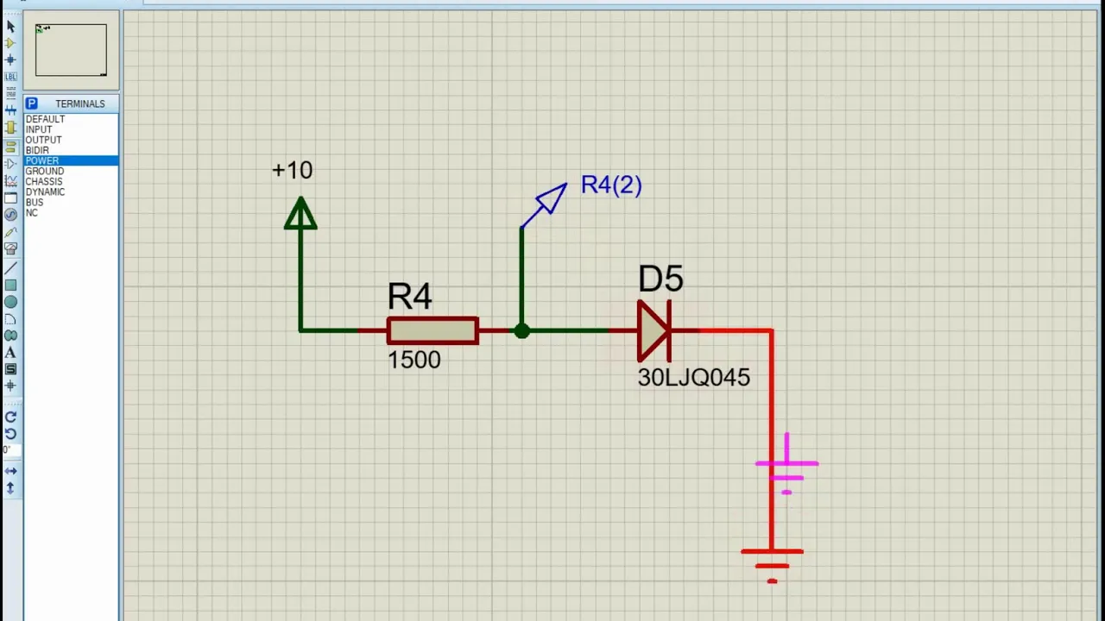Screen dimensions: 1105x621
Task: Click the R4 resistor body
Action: click(x=433, y=330)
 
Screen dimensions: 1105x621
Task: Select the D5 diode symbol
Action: click(x=654, y=330)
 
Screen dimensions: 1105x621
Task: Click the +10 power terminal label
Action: click(x=292, y=170)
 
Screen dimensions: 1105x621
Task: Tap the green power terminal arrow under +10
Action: click(x=300, y=213)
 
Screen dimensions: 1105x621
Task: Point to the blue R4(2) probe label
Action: click(x=611, y=185)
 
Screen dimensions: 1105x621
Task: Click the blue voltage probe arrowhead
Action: click(x=552, y=198)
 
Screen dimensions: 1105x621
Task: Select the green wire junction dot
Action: click(x=521, y=330)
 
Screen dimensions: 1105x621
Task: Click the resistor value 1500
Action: click(x=414, y=360)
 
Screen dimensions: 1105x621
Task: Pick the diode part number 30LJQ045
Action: click(x=693, y=378)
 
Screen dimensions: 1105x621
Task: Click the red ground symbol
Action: click(x=772, y=565)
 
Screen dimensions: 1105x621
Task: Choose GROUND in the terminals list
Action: click(x=44, y=171)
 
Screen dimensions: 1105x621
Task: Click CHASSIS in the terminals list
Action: click(x=44, y=181)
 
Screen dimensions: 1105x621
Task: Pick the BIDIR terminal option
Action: click(x=37, y=150)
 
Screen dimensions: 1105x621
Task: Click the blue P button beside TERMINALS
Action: click(x=32, y=103)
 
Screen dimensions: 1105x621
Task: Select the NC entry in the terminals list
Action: click(x=32, y=213)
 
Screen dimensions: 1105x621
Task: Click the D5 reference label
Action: click(x=660, y=279)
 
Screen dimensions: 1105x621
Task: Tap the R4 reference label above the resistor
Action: click(x=409, y=296)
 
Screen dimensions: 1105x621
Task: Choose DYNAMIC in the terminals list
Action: click(x=45, y=191)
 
